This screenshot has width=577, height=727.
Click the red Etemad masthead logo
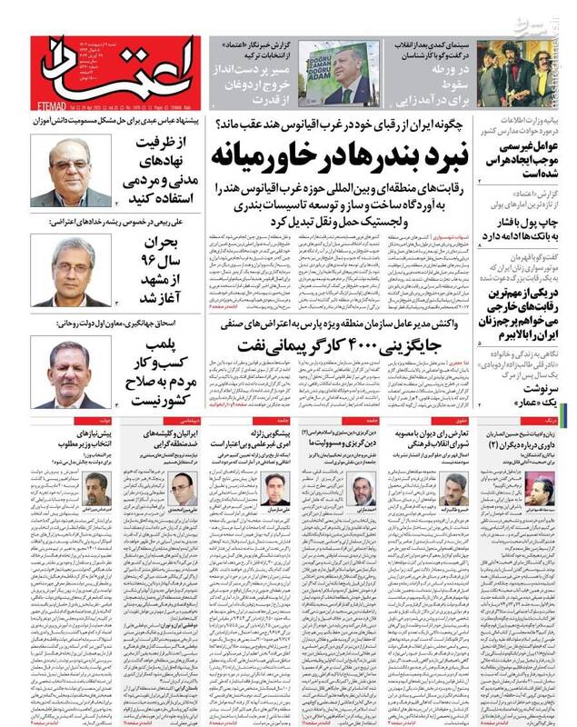116,70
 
